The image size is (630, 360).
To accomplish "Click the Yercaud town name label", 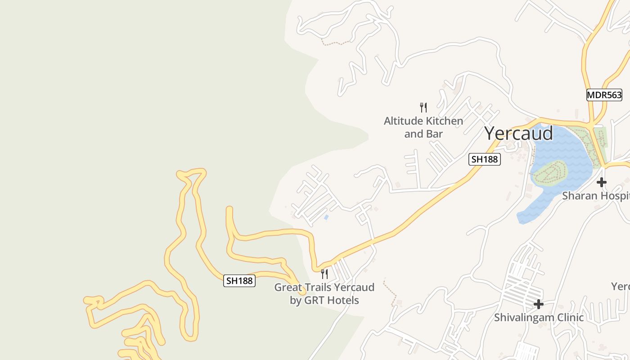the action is (518, 134).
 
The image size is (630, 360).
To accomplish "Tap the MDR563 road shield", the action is (604, 95).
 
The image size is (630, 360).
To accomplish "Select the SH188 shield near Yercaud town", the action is (484, 159).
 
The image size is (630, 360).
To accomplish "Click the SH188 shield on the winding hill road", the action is (239, 281).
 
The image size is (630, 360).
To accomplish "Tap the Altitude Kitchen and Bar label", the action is (423, 127).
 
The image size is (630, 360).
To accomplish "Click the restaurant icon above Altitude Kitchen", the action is (423, 107).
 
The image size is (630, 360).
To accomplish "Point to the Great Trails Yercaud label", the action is (324, 293).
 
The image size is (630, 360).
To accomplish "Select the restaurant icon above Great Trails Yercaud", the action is (324, 274).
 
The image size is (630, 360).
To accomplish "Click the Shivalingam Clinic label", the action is (539, 317).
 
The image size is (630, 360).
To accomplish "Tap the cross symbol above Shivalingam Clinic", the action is (538, 305).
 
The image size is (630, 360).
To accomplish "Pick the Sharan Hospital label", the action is (595, 196).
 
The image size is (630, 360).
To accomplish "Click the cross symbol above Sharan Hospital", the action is (601, 182).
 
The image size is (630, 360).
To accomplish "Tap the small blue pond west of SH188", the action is (326, 217).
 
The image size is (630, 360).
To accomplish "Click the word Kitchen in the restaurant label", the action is (444, 121).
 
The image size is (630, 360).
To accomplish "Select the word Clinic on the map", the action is (568, 317).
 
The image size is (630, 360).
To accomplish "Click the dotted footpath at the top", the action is (335, 43).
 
